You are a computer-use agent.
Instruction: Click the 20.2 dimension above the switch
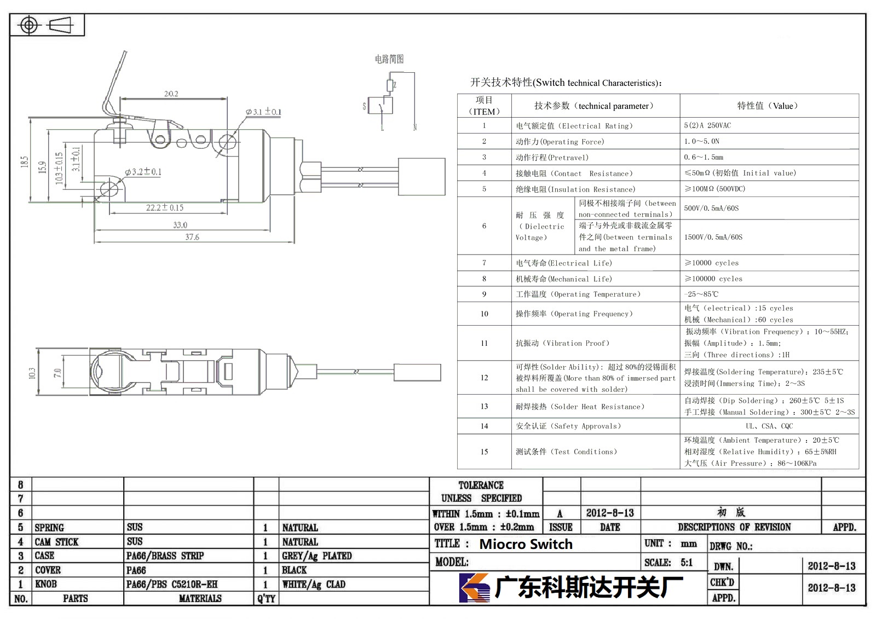[x=171, y=94]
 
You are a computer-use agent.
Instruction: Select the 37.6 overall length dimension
[x=192, y=237]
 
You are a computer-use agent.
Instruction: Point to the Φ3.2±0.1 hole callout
[x=143, y=172]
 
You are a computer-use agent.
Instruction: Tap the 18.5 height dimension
[x=25, y=161]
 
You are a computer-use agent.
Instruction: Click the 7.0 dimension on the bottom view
[x=57, y=373]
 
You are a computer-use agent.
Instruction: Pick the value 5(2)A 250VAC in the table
[x=707, y=125]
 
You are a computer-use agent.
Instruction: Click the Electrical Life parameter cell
[x=563, y=263]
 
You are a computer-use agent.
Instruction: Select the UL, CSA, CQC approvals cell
[x=769, y=426]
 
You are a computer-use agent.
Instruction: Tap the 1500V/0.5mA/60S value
[x=713, y=237]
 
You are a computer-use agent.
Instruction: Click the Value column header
[x=767, y=106]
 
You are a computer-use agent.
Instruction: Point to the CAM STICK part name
[x=57, y=542]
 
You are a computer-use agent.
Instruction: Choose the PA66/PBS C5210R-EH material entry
[x=172, y=584]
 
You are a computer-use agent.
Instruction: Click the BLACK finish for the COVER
[x=295, y=570]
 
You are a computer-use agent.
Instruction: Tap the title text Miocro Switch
[x=526, y=544]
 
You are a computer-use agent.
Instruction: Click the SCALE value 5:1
[x=687, y=563]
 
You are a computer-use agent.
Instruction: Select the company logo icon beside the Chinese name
[x=474, y=588]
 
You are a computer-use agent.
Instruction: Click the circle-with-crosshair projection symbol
[x=29, y=25]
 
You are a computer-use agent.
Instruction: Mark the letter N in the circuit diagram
[x=415, y=128]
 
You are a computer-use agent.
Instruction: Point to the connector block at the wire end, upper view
[x=422, y=177]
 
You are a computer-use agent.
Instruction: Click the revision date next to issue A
[x=610, y=513]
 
